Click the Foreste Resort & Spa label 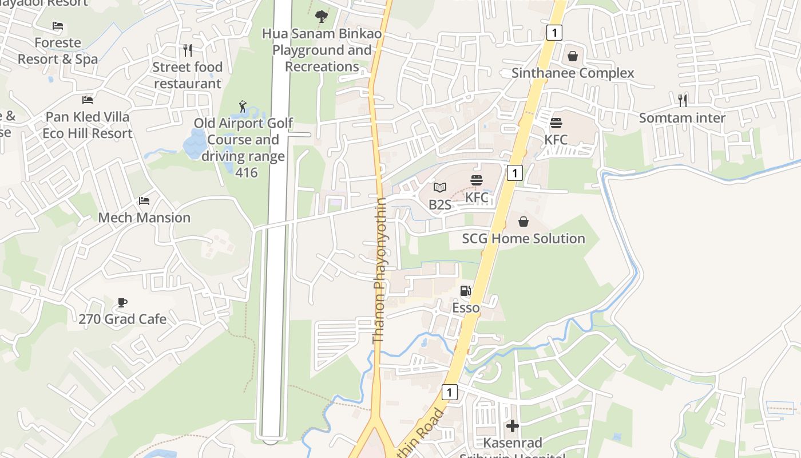[x=57, y=51]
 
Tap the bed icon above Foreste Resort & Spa [x=57, y=26]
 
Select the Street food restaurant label [x=187, y=75]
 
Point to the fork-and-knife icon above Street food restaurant [x=187, y=50]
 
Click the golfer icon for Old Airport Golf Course [x=243, y=106]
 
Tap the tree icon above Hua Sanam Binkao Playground [x=322, y=17]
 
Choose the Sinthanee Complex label [x=573, y=73]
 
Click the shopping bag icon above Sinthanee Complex [x=572, y=56]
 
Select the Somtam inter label [x=682, y=118]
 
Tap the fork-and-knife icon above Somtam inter [x=682, y=101]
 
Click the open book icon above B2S [x=439, y=188]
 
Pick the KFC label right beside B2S [x=477, y=198]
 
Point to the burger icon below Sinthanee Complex [x=556, y=123]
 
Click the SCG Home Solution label [x=524, y=239]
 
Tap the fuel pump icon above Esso [x=466, y=291]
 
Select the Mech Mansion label [x=144, y=218]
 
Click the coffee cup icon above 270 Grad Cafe [x=122, y=302]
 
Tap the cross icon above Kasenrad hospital [x=513, y=426]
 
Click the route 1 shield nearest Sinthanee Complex [x=554, y=33]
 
